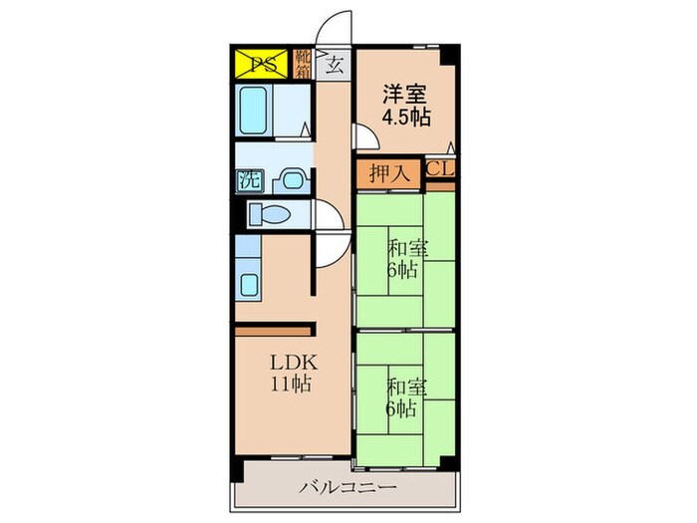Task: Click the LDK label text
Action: pos(291,362)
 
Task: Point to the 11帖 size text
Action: pos(291,383)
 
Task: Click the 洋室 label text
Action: pos(405,97)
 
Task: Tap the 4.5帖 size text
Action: pos(405,118)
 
